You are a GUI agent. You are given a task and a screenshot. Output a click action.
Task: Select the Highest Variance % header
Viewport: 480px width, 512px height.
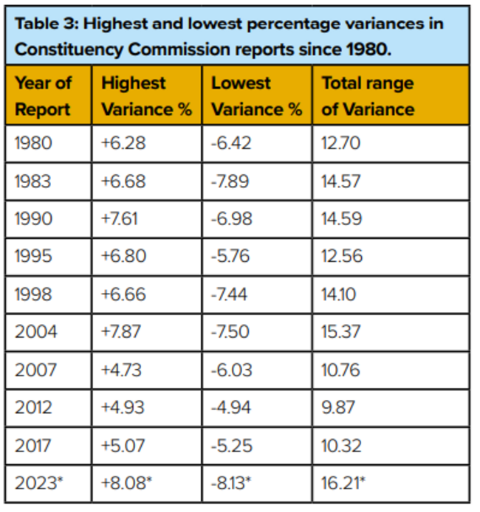(146, 96)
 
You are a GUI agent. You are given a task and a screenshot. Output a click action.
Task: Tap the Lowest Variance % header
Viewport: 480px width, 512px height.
(256, 96)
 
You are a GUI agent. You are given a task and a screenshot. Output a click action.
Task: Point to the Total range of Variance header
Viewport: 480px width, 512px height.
(368, 96)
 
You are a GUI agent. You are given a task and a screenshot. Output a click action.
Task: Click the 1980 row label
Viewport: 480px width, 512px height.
(34, 142)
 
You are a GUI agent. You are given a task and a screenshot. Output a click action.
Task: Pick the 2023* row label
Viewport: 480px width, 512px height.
(38, 485)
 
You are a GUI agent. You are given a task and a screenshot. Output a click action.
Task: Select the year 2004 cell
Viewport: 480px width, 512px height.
(35, 333)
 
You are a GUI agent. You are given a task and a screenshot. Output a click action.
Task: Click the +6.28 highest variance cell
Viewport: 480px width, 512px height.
(123, 142)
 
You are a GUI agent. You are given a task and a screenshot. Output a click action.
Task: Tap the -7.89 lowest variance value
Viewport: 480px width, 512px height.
(231, 181)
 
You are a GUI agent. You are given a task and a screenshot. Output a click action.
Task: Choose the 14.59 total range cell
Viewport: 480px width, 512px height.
(342, 219)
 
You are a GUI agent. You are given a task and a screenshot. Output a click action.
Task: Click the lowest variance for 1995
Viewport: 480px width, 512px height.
(231, 257)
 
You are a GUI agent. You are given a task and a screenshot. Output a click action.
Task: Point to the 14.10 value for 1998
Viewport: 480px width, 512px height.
(339, 295)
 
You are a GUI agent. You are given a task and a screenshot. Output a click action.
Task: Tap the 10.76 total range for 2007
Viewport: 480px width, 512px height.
(341, 371)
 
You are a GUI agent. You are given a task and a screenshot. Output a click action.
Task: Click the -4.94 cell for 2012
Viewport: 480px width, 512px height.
(232, 409)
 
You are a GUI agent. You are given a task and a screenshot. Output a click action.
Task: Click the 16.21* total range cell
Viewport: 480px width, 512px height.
(344, 485)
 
